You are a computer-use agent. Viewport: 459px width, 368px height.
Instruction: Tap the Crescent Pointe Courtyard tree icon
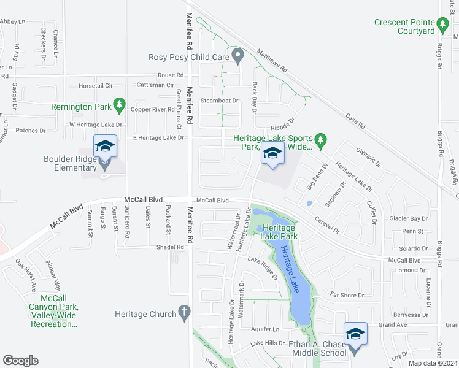pos(443,25)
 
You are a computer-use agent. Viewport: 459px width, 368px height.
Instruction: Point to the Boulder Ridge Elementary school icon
pos(104,148)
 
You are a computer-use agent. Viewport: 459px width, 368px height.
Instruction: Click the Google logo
pos(20,361)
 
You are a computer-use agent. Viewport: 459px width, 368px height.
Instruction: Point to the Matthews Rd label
pos(272,61)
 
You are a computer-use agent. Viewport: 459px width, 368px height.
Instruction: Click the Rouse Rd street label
pos(171,75)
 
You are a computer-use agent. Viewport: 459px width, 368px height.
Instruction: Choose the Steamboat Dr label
pos(219,100)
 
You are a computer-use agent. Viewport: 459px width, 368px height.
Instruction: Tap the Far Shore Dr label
pos(347,296)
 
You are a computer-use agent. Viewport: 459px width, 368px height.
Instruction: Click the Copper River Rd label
pos(153,109)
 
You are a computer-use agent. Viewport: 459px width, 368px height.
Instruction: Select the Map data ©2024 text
pos(432,363)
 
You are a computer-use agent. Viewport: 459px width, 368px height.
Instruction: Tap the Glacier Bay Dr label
pos(408,218)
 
